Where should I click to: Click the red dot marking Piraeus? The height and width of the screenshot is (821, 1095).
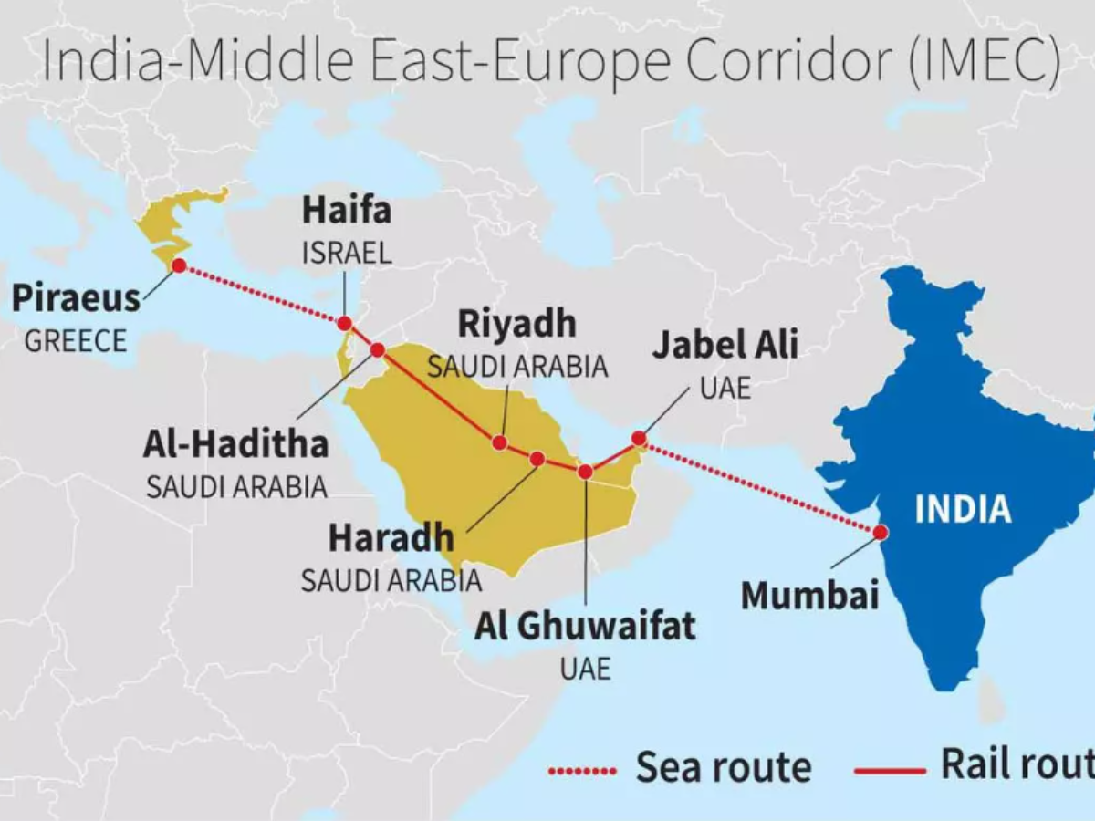[179, 265]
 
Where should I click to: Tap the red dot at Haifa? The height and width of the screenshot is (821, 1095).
[344, 324]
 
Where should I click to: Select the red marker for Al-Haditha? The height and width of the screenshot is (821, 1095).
[378, 349]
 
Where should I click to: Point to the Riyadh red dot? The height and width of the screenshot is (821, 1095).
[499, 442]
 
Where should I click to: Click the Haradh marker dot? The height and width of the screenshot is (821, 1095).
[537, 459]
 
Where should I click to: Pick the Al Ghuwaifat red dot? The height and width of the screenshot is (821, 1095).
[585, 472]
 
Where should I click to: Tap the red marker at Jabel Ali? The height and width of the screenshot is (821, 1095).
[639, 439]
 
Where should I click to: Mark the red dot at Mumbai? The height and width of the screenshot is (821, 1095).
[880, 533]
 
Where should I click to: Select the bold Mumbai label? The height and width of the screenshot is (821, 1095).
[809, 596]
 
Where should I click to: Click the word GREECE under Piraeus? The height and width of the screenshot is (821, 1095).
[75, 342]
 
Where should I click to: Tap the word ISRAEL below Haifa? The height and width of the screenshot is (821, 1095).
[347, 253]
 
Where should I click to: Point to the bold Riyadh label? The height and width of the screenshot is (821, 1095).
[516, 324]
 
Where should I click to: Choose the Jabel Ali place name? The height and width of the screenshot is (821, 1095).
[725, 346]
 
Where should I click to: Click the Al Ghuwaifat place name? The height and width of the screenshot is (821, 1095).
[584, 627]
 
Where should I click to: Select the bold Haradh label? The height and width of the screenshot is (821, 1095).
[390, 538]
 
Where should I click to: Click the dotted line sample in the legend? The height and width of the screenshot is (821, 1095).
[582, 772]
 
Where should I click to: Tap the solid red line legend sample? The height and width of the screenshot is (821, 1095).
[890, 772]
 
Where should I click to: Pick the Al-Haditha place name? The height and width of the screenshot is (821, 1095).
[235, 444]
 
